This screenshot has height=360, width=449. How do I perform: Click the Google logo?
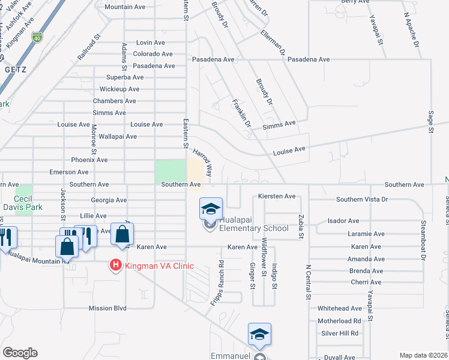click(20, 353)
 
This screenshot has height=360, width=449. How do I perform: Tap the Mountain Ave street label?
click(125, 7)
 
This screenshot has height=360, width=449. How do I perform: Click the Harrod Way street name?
click(202, 163)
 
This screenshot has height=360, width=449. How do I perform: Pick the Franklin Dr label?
click(241, 112)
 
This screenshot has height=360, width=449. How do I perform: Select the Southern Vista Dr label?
click(362, 199)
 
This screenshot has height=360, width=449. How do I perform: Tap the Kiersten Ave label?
click(277, 196)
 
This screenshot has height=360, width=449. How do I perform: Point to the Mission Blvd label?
click(107, 308)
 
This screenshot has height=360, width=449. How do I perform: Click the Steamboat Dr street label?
click(423, 241)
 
